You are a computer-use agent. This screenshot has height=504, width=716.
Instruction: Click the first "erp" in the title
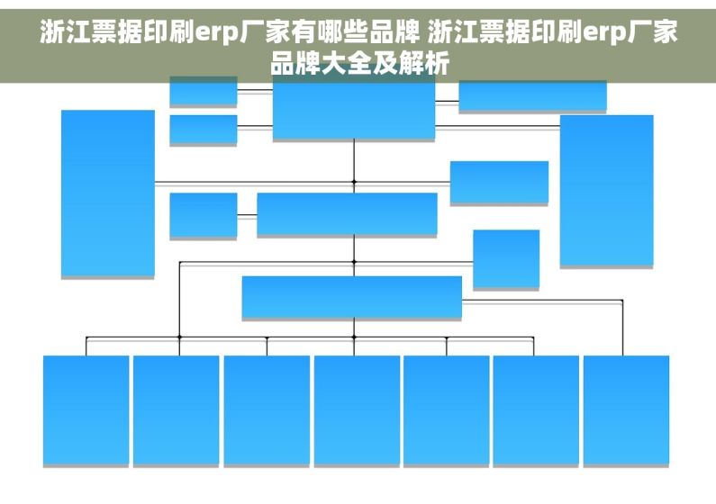(x=216, y=32)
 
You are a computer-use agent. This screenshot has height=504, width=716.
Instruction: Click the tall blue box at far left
(x=108, y=193)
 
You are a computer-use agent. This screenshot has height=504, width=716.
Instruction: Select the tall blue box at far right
(x=607, y=190)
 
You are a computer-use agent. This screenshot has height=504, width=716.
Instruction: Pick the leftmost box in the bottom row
(x=86, y=410)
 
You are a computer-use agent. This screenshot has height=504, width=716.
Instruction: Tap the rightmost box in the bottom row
(x=627, y=410)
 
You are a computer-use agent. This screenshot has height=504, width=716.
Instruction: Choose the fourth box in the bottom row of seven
(x=357, y=410)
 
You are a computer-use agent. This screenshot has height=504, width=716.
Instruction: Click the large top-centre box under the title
(x=354, y=110)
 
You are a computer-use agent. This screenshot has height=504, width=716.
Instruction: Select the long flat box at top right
(x=532, y=95)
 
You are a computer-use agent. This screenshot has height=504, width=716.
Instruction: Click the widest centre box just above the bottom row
(x=351, y=296)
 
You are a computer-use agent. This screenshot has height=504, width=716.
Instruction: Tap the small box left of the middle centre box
(x=204, y=215)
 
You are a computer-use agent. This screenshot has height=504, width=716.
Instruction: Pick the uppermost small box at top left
(x=204, y=91)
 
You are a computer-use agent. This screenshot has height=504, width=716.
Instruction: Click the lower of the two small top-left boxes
(x=204, y=130)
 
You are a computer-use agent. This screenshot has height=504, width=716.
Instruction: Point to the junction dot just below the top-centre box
(x=354, y=182)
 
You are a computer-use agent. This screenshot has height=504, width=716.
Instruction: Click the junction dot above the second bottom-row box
(x=179, y=337)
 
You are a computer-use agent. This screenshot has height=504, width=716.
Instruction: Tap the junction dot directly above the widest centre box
(x=354, y=262)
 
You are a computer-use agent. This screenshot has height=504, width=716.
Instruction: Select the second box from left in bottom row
(x=177, y=410)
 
